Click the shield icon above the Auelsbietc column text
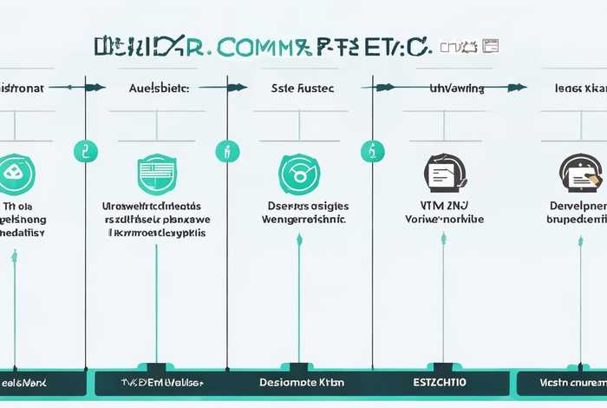coord(157,174)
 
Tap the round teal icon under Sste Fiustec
coord(298,174)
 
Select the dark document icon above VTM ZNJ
coord(442,173)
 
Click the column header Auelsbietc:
coord(158,88)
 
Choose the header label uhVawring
coord(457,88)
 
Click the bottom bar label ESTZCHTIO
coord(441,382)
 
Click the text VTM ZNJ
coord(443,206)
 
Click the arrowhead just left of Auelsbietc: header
coord(100,88)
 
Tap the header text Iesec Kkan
coord(579,88)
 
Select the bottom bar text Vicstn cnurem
coord(571,382)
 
